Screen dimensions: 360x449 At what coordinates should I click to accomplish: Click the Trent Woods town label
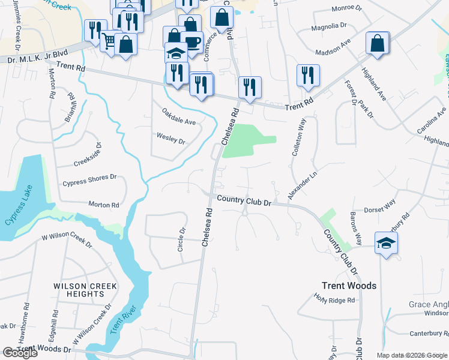(349, 286)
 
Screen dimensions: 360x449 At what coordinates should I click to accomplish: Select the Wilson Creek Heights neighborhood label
(79, 290)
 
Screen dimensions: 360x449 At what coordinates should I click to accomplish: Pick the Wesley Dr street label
(170, 139)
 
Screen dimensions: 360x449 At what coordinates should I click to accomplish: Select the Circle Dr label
(182, 239)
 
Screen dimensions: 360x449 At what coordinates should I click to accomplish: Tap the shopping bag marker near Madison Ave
(377, 43)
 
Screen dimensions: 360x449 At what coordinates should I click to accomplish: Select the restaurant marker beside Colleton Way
(307, 76)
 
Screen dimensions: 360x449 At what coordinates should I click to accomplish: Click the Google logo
(20, 353)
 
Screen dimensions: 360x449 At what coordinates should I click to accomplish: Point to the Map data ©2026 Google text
(411, 355)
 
